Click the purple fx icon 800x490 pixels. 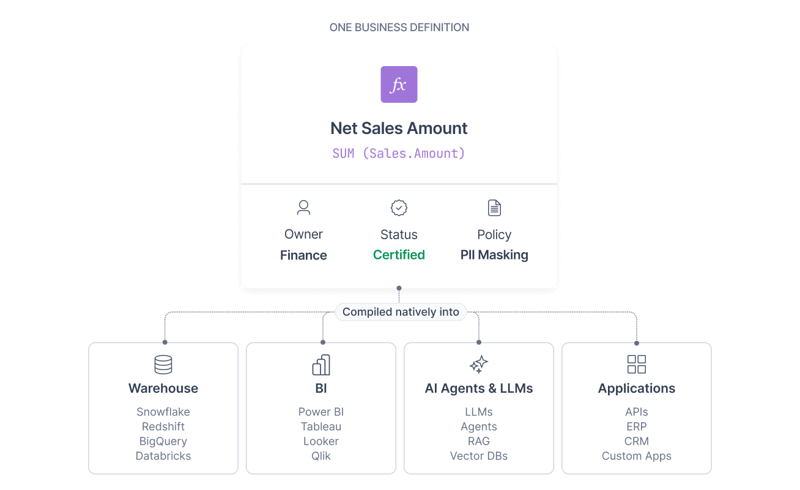(x=399, y=84)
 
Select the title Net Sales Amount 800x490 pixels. (x=399, y=128)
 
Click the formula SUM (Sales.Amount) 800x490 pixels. (x=399, y=154)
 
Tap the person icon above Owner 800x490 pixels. (x=303, y=207)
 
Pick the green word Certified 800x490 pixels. (x=399, y=254)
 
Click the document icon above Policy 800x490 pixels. (x=494, y=208)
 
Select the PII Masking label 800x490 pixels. (x=494, y=254)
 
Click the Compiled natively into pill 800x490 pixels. (x=401, y=312)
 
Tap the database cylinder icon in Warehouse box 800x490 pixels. (x=163, y=365)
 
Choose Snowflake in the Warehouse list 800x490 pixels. (x=163, y=412)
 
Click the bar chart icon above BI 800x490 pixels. (x=321, y=365)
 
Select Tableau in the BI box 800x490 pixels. (x=321, y=426)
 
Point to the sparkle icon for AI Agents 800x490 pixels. (x=478, y=364)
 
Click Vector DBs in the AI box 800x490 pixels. (x=478, y=456)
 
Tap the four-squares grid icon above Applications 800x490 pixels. (x=637, y=364)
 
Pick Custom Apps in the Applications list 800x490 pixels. (x=637, y=456)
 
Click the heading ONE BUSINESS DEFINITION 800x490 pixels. (x=399, y=28)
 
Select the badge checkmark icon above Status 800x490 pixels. (x=399, y=208)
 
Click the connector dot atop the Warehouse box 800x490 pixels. (x=165, y=342)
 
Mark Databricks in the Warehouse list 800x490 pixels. (x=163, y=456)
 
